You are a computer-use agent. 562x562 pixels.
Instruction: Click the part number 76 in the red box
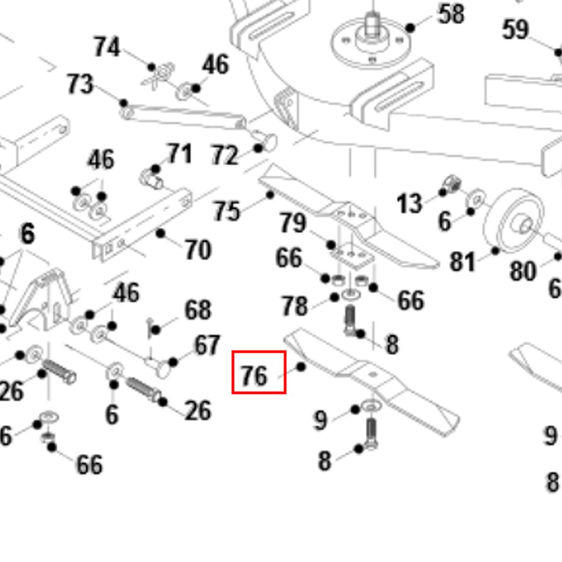click(x=254, y=376)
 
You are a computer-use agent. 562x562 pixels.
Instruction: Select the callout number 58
click(x=451, y=14)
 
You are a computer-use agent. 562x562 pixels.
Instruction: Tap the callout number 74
click(x=107, y=47)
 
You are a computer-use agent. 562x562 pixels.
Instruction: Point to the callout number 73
click(x=80, y=84)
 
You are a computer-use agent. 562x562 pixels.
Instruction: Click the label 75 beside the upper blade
click(x=227, y=211)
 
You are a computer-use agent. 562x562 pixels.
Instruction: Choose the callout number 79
click(x=293, y=223)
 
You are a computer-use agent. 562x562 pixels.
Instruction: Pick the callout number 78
click(x=295, y=306)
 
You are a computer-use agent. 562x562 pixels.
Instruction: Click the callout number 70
click(x=198, y=250)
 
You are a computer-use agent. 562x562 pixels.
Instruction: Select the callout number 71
click(x=180, y=154)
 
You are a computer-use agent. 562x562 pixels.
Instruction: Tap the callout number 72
click(x=225, y=155)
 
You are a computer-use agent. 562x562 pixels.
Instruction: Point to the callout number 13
click(x=409, y=204)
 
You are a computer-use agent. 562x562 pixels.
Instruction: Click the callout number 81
click(x=462, y=261)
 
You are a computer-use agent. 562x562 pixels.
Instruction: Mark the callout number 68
click(x=198, y=310)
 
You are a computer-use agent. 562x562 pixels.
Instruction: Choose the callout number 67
click(x=207, y=345)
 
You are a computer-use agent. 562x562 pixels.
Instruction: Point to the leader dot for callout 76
click(x=301, y=367)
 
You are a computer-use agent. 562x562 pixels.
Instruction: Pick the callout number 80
click(x=522, y=271)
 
